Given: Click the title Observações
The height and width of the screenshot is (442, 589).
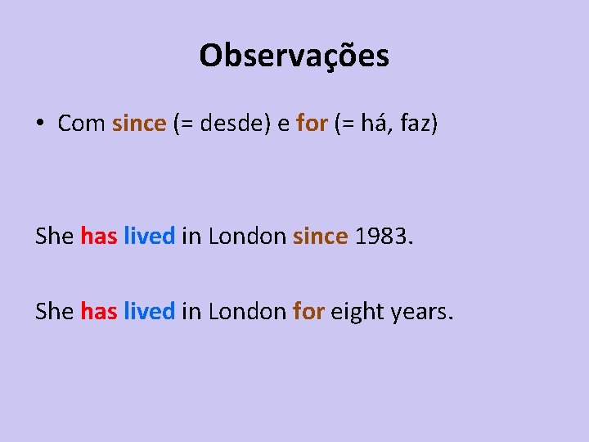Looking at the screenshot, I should coord(294,56).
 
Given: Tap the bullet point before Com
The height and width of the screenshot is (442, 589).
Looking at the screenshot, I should coord(39,124).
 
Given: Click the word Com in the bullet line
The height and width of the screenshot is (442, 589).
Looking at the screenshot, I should coord(81,124).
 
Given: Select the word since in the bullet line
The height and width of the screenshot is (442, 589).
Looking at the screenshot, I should coord(139,124).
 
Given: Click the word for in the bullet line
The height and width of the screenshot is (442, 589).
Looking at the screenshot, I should coord(312,124).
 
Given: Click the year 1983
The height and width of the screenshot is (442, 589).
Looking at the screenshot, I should coord(380,237).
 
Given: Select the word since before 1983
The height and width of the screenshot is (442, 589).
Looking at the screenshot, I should coord(320,237).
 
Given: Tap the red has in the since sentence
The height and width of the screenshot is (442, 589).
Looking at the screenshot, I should coord(99,237).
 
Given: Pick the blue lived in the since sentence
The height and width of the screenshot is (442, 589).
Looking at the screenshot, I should coord(149,237).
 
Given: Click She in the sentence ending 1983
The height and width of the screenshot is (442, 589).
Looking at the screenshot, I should coord(55,237).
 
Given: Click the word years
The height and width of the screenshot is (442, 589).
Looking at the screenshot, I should coord(420,311).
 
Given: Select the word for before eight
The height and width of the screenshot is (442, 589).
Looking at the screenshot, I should coord(308,311).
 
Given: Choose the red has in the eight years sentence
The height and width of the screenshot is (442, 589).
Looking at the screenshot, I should coord(99,311).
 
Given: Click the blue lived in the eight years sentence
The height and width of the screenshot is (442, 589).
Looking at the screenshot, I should coord(149,311).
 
